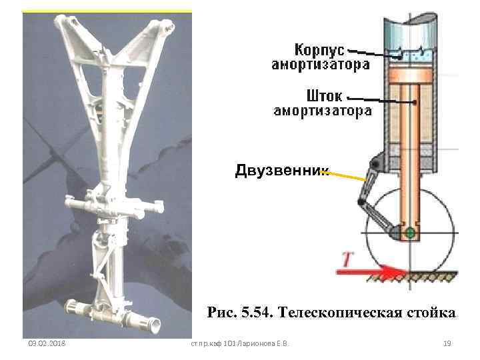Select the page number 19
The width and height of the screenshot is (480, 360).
click(447, 343)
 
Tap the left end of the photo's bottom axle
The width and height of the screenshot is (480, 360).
click(69, 307)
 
